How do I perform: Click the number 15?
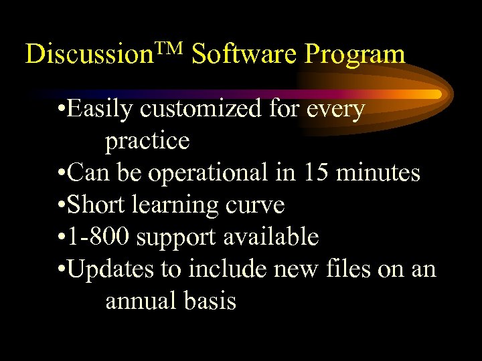tap(317, 173)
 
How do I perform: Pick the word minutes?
tap(379, 173)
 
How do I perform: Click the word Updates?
tap(112, 269)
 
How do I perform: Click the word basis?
tap(210, 301)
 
